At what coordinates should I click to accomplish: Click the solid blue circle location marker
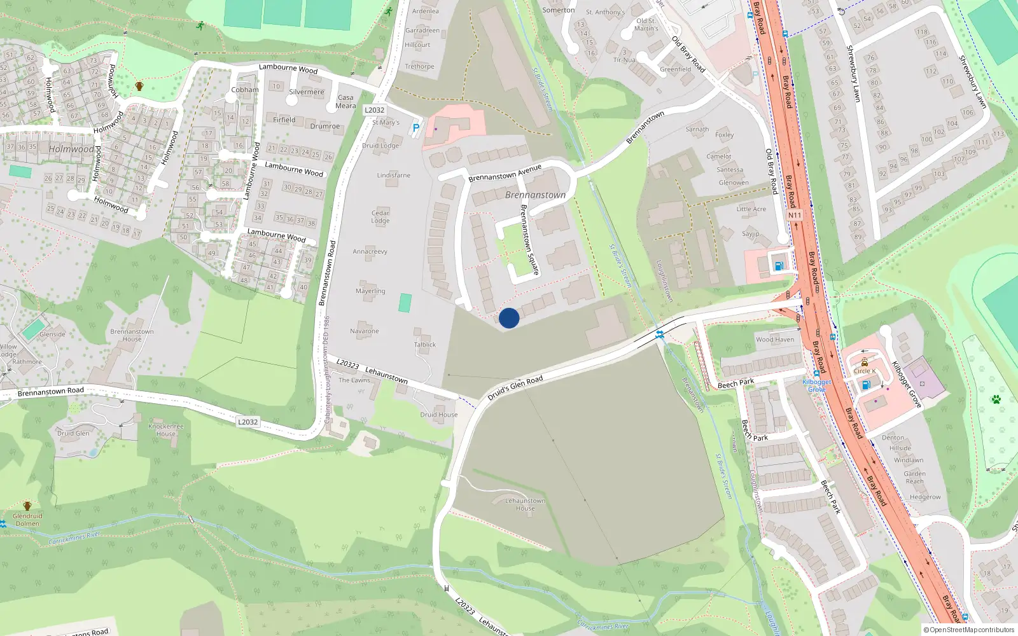pos(509,318)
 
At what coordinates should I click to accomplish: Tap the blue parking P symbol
pos(416,128)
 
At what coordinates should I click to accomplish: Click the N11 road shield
pos(795,215)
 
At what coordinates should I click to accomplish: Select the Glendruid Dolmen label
pos(27,520)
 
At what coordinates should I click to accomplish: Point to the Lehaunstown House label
pos(525,504)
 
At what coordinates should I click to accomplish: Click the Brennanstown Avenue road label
pos(505,173)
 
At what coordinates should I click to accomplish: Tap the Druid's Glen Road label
pos(515,388)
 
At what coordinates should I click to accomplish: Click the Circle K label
pos(865,371)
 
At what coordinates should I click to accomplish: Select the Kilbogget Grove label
pos(816,385)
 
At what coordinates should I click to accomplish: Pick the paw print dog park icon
pos(996,399)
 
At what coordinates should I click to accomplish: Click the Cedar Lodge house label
pos(380,217)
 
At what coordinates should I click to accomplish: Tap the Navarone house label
pos(364,331)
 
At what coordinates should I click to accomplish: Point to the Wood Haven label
pos(775,339)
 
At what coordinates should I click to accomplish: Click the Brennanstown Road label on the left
pos(51,392)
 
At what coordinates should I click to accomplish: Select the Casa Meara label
pos(345,102)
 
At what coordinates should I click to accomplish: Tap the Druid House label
pos(438,414)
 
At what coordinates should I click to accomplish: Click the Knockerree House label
pos(166,430)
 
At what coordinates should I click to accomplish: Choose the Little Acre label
pos(751,209)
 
